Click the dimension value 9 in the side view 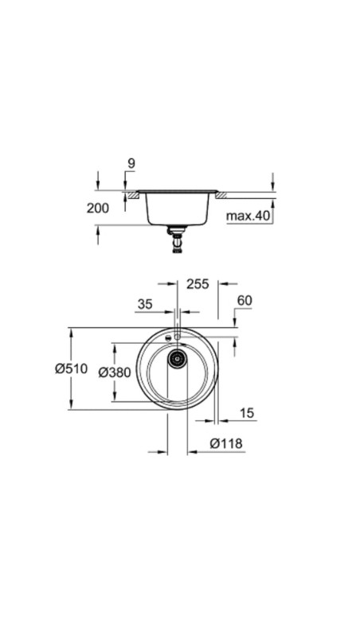[x=131, y=164]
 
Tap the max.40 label [x=248, y=216]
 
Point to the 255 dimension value [x=198, y=283]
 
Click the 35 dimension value [x=145, y=303]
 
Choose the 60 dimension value [x=245, y=300]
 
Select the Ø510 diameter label [x=71, y=369]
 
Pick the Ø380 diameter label [x=114, y=372]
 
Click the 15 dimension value [x=247, y=412]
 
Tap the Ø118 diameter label [x=225, y=443]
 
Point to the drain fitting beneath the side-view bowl [x=177, y=238]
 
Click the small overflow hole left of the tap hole [x=167, y=339]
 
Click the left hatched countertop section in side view [x=128, y=193]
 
